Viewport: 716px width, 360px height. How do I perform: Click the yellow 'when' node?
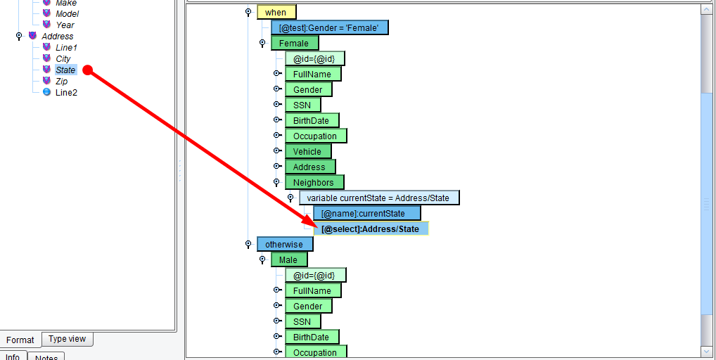[276, 13]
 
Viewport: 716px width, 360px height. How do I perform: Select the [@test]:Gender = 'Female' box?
[329, 28]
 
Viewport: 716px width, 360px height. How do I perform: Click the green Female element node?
[295, 44]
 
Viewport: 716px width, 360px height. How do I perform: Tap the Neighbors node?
[314, 183]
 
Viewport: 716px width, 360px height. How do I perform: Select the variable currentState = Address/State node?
[379, 198]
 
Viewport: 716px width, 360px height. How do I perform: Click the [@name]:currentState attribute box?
[366, 214]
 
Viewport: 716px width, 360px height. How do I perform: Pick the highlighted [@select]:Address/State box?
[371, 229]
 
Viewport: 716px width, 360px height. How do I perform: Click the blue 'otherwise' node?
[284, 245]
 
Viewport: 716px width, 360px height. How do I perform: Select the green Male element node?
[289, 260]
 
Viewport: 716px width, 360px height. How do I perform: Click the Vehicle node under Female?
[308, 151]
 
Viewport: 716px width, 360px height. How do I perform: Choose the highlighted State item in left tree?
[65, 70]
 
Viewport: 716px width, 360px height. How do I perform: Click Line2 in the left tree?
[66, 93]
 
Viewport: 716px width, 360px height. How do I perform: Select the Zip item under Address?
[62, 82]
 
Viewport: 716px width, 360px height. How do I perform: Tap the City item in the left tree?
[63, 59]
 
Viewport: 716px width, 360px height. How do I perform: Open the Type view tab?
[67, 339]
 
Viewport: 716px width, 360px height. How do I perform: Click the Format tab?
[20, 340]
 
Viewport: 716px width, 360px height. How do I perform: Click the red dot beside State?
[88, 70]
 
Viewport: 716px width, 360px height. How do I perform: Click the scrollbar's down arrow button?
[706, 352]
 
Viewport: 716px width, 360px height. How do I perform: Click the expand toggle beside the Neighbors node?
[276, 182]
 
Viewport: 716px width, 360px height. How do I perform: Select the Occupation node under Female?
[316, 136]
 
